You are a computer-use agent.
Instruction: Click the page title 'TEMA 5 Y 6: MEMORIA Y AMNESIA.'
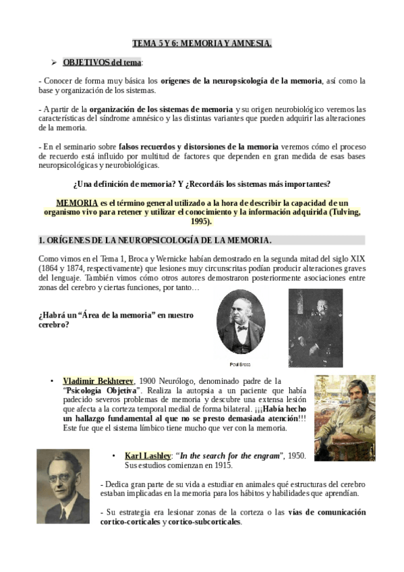pyautogui.click(x=202, y=44)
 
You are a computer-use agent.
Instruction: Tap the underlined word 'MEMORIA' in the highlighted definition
pyautogui.click(x=76, y=202)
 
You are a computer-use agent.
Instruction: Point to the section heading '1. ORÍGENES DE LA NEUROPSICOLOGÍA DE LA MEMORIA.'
pyautogui.click(x=156, y=240)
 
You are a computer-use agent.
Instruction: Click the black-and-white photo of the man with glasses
pyautogui.click(x=63, y=486)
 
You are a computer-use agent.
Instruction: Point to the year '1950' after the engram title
pyautogui.click(x=293, y=457)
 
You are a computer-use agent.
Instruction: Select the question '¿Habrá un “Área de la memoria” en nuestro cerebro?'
pyautogui.click(x=116, y=319)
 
